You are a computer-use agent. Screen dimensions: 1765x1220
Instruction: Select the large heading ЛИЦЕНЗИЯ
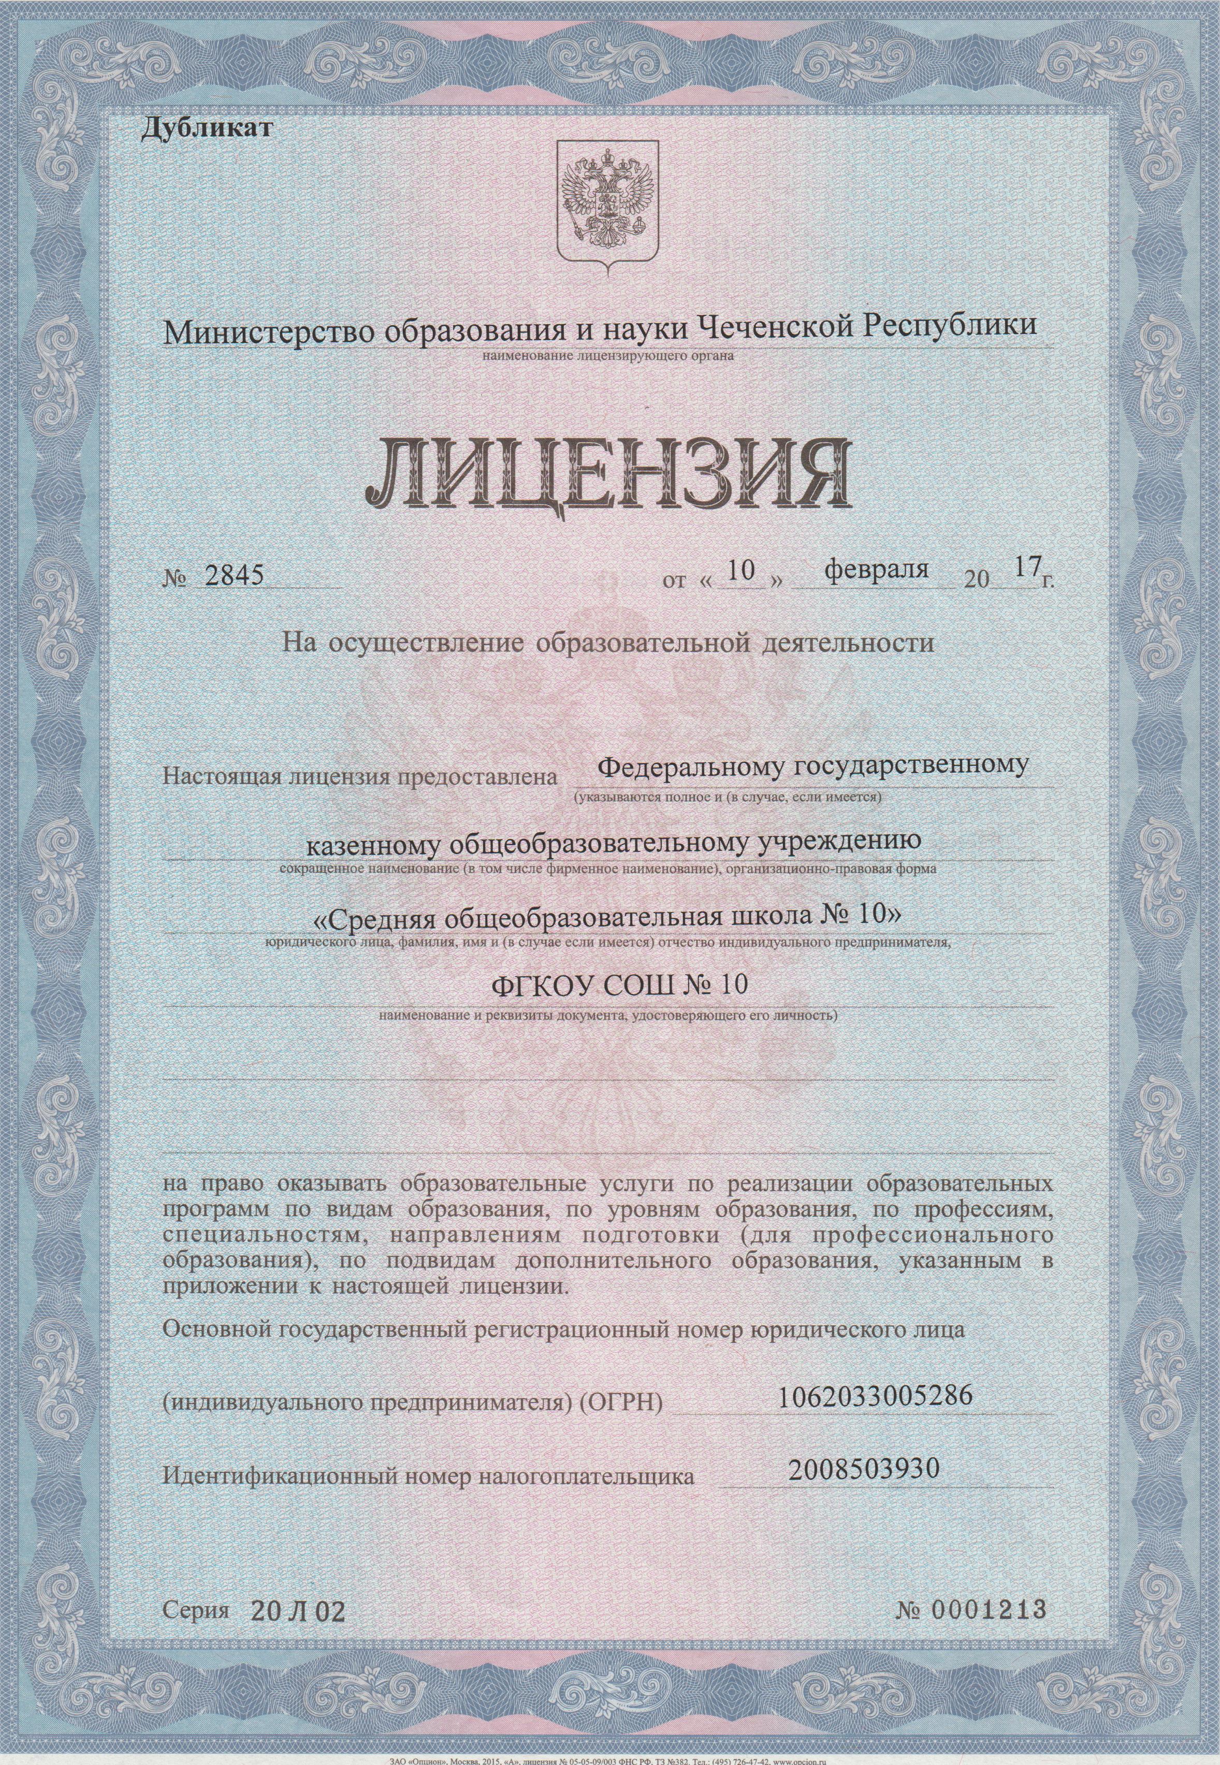tap(608, 473)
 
